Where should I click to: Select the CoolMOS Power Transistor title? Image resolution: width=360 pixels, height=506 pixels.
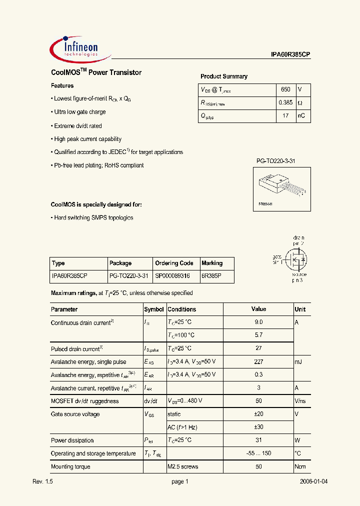pos(96,72)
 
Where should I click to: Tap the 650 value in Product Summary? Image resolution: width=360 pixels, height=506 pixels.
pos(285,89)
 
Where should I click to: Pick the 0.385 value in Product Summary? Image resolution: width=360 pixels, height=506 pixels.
pos(285,103)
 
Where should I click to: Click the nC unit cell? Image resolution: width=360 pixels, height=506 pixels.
pos(301,116)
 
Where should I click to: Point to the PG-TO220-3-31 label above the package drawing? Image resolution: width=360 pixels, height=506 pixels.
pos(276,161)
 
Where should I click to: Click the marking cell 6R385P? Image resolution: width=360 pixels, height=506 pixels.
pos(212,275)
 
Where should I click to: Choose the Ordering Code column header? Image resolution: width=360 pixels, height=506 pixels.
pos(174,263)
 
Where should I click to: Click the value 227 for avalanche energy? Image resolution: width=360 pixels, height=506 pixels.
pos(258,361)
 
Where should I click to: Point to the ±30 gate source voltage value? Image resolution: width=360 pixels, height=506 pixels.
pos(258,427)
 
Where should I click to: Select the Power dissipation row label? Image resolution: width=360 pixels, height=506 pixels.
pos(72,440)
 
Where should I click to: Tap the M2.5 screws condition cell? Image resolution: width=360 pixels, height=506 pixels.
pos(183,466)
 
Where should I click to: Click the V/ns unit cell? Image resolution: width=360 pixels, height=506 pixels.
pos(300,401)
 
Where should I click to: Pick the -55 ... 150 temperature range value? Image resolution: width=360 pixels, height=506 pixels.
pos(258,453)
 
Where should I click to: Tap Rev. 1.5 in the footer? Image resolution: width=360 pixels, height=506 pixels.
pos(42,481)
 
